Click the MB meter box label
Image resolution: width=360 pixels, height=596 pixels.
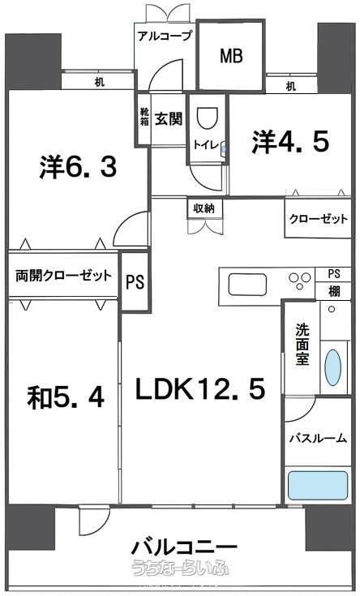click(x=232, y=56)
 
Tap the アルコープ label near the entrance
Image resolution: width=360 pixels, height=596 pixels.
click(x=165, y=36)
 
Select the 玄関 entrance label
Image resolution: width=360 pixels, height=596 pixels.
click(x=169, y=119)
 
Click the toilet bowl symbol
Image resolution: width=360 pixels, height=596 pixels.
click(x=208, y=118)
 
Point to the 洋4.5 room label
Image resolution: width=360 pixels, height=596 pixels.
click(x=290, y=142)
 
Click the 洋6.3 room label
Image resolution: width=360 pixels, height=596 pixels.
click(x=78, y=167)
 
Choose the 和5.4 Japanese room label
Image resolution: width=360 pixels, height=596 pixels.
click(x=66, y=397)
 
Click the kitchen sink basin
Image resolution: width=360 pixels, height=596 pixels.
click(x=247, y=285)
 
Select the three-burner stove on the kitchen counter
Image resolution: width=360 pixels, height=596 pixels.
click(x=300, y=281)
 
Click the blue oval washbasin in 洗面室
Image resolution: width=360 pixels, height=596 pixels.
click(x=333, y=367)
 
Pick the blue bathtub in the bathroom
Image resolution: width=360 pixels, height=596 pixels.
click(x=318, y=485)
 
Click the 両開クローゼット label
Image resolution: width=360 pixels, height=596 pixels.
click(x=63, y=275)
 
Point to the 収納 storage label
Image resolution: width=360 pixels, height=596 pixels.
click(x=204, y=208)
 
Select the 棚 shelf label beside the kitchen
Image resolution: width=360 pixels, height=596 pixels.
click(x=334, y=292)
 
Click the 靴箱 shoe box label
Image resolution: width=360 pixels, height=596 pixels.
click(x=144, y=116)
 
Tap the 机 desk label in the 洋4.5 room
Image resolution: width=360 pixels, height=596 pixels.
click(x=291, y=86)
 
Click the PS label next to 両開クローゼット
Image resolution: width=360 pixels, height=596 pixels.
click(x=135, y=282)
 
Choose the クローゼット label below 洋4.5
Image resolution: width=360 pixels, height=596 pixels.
click(x=318, y=219)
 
